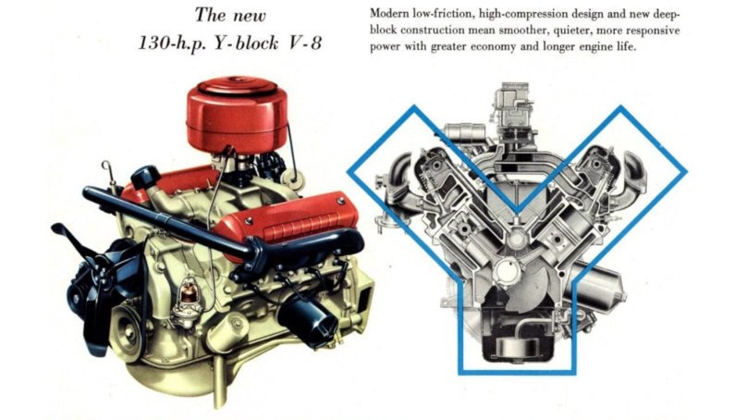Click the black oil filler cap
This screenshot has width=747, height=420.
pyautogui.click(x=145, y=175)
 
